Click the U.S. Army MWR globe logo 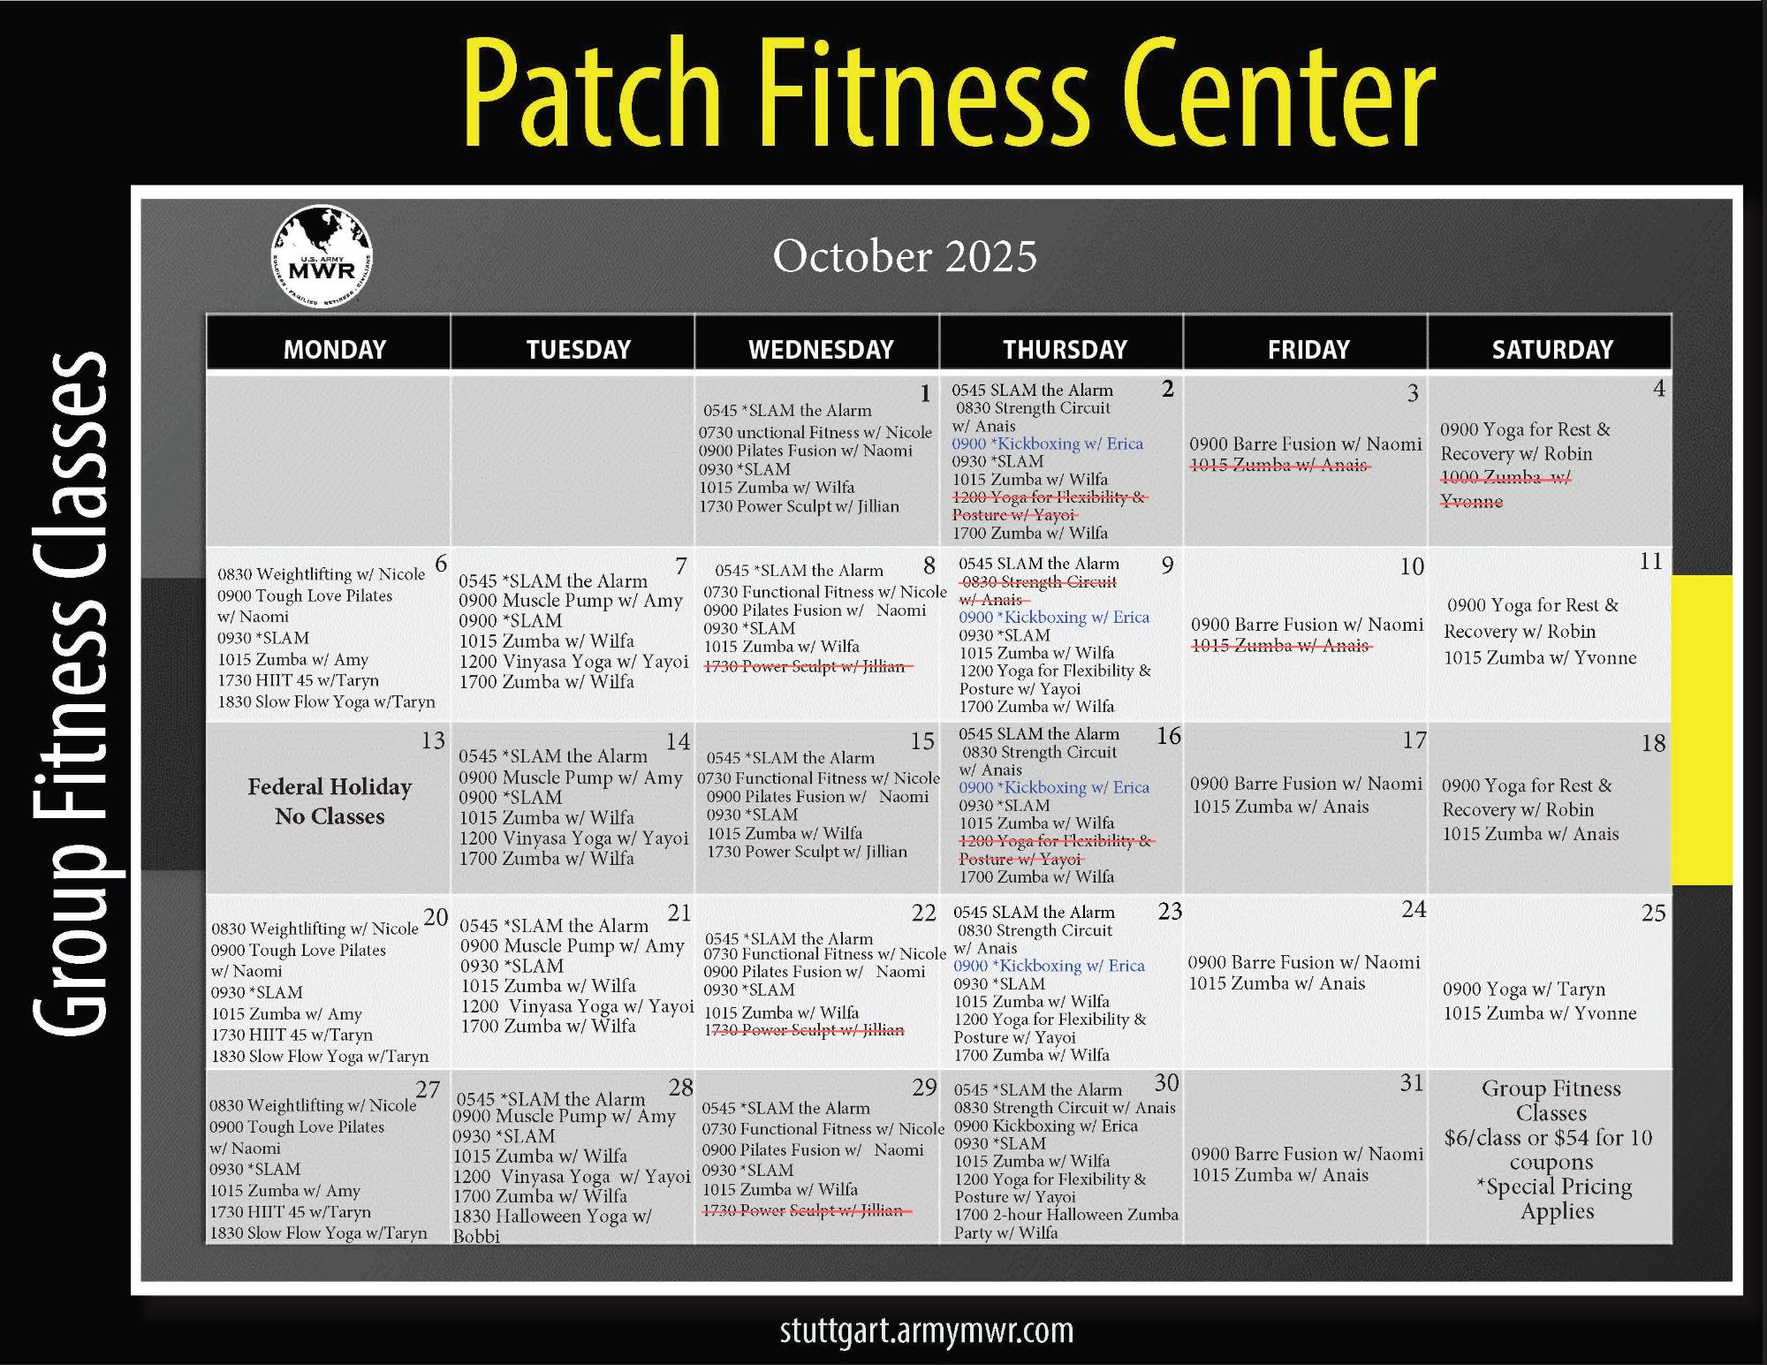(x=322, y=256)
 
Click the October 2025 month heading (x=905, y=256)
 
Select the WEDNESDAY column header (x=821, y=349)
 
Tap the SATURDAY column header (x=1552, y=349)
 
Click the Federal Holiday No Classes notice (x=330, y=801)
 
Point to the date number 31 (x=1412, y=1083)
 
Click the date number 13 (x=433, y=740)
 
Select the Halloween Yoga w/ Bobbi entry (x=552, y=1225)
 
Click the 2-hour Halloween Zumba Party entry (x=1066, y=1223)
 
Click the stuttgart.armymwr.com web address (x=926, y=1331)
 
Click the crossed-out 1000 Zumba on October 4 (x=1505, y=489)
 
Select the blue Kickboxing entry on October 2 (x=1047, y=444)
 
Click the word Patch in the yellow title (x=592, y=93)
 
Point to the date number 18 (x=1653, y=743)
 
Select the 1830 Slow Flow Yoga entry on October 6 (x=326, y=701)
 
